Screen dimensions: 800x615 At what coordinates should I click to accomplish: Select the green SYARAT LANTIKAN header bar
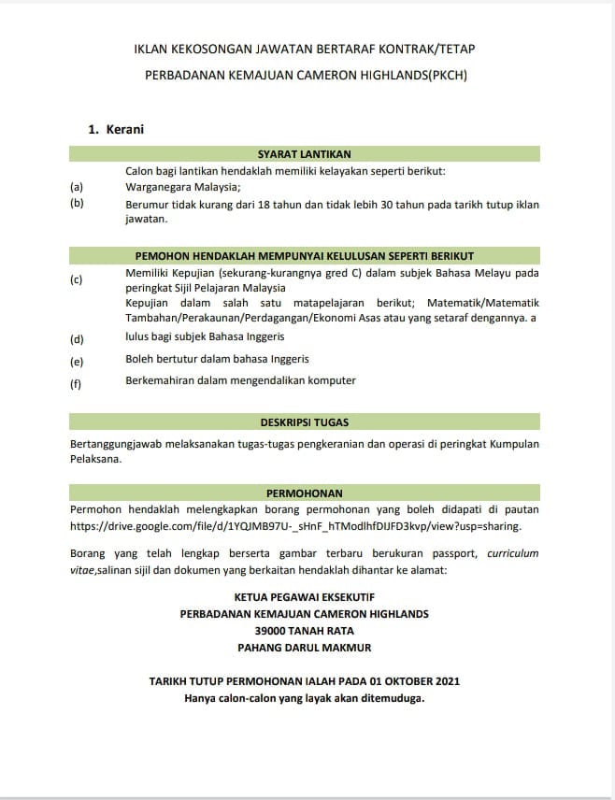coord(304,154)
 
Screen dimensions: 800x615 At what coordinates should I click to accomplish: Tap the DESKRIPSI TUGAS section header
coord(304,422)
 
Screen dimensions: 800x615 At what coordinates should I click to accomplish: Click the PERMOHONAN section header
coord(304,493)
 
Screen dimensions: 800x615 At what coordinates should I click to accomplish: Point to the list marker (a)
coord(77,186)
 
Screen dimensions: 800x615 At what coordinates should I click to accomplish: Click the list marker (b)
coord(77,202)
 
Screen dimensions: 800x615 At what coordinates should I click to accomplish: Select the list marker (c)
coord(77,279)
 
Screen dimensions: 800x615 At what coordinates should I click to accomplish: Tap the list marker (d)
coord(77,338)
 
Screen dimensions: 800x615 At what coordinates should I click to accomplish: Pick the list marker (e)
coord(77,361)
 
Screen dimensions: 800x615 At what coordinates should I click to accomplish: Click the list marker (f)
coord(77,383)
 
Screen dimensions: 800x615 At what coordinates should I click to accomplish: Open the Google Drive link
coord(294,526)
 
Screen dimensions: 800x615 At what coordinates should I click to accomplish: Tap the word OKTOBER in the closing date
coord(402,681)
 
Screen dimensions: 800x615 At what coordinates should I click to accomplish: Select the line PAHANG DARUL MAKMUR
coord(304,647)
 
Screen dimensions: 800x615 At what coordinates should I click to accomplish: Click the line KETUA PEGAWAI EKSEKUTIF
coord(304,596)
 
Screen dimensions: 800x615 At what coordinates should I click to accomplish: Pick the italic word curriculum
coord(512,552)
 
